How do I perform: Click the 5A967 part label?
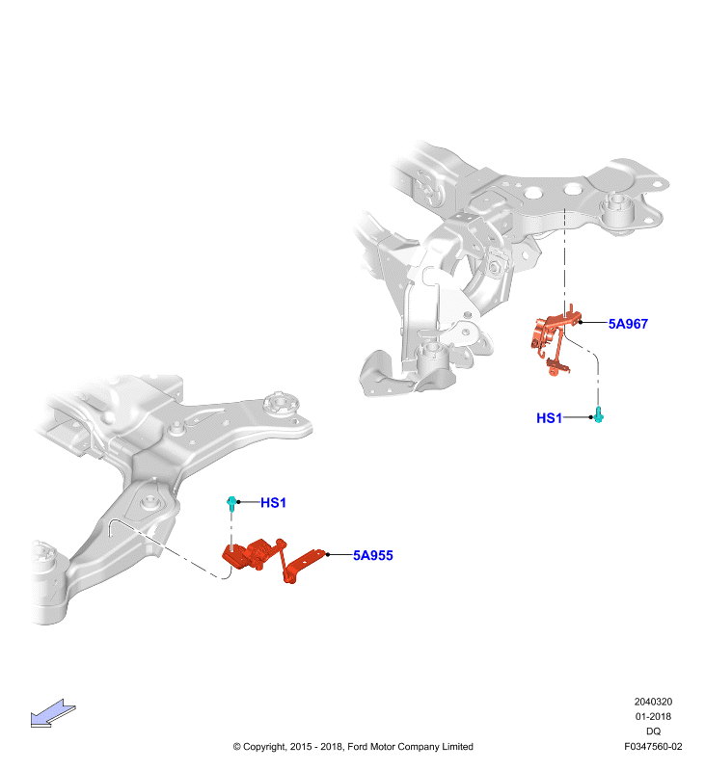(628, 324)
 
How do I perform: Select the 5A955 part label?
(373, 555)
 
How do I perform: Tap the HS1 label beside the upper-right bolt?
(549, 418)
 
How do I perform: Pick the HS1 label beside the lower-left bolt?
(273, 502)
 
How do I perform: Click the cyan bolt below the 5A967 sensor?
(598, 414)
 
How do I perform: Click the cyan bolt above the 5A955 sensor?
(231, 503)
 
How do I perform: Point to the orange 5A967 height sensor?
(555, 339)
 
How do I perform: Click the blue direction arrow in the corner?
(53, 713)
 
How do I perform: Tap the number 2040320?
(653, 702)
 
